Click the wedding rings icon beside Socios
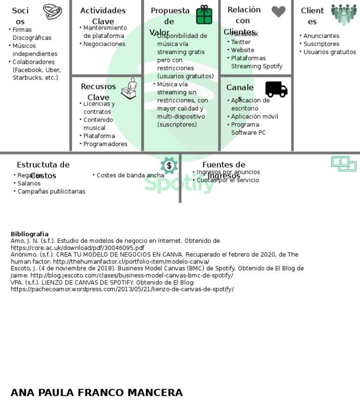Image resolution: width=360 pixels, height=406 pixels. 52,11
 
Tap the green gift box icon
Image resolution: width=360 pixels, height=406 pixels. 204,15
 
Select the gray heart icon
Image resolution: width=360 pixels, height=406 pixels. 278,12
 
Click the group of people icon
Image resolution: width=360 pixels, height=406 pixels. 344,15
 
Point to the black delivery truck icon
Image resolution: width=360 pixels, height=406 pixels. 276,89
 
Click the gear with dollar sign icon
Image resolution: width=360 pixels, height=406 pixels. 169,165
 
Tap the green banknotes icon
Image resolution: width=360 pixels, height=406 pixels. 344,164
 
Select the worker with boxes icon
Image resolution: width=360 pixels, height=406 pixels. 129,89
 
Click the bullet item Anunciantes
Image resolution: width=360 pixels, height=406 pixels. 321,36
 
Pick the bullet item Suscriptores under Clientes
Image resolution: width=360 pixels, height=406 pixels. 321,44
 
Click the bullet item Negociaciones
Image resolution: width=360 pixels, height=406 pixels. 104,44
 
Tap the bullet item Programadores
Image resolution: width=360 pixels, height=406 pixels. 105,144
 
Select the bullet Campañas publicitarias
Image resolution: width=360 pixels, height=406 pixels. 51,192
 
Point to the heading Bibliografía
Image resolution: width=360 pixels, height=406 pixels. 30,234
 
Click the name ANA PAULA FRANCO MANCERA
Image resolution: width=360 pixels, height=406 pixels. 97,393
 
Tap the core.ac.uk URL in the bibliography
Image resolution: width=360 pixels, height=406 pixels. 77,248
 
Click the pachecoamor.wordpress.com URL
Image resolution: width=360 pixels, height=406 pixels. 122,289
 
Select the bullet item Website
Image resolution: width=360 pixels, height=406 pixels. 242,50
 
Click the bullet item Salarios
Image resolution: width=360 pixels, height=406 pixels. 29,184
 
